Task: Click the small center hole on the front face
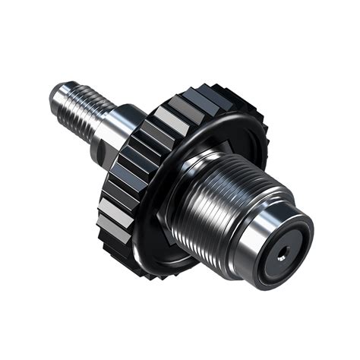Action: (283, 256)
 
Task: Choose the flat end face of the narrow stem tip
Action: (52, 93)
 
